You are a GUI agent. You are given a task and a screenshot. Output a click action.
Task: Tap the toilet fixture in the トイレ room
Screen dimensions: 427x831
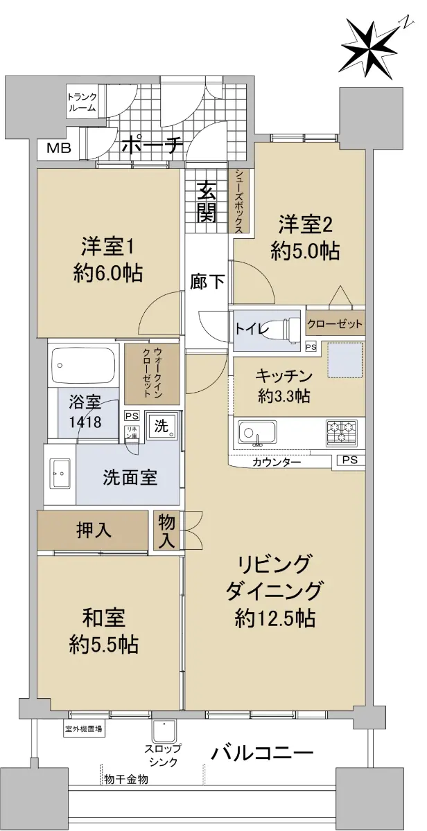pos(284,329)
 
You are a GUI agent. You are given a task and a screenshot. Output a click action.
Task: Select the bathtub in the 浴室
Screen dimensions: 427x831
pos(82,365)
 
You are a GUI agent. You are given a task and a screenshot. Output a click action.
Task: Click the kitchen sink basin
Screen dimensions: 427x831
pos(257,432)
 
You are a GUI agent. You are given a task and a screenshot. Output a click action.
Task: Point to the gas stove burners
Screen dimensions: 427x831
pos(342,433)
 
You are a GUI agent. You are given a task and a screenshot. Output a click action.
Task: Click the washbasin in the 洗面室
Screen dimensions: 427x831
pos(60,474)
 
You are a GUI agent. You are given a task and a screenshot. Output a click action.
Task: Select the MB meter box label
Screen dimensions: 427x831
pos(58,148)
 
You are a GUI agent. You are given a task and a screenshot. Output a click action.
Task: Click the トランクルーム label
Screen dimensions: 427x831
pos(82,102)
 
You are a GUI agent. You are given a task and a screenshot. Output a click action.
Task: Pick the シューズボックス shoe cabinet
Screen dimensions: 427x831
pos(240,201)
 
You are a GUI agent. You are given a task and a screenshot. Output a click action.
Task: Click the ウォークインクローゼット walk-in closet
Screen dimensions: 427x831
pos(152,373)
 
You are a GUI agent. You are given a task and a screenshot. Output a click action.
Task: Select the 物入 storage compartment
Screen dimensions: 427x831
pos(167,530)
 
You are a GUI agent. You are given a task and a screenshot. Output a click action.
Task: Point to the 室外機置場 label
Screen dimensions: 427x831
pos(83,729)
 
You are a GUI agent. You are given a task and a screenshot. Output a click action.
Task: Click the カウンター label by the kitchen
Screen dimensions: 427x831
pos(277,463)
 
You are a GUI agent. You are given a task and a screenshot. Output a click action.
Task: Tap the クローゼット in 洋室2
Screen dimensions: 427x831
pos(335,324)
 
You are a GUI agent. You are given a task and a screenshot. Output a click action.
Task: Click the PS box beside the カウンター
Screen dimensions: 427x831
pos(350,460)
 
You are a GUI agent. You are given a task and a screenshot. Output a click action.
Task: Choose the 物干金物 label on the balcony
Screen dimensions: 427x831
pos(126,778)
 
